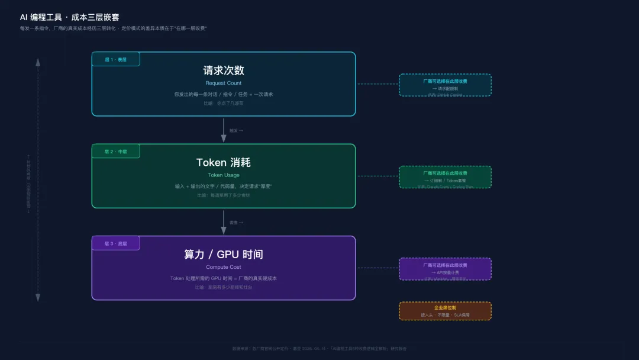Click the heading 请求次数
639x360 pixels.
coord(224,70)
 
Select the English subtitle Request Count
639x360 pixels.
coord(224,83)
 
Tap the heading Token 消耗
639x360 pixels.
coord(224,162)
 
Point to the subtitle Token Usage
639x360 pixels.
coord(224,175)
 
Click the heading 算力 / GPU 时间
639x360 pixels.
coord(224,255)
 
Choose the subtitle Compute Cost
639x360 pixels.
coord(224,267)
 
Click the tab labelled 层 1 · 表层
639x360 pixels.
coord(115,59)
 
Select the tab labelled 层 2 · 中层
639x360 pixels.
coord(115,152)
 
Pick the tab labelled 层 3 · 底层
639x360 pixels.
coord(115,243)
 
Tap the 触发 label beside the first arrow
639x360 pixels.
coord(236,130)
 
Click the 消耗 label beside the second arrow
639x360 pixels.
coord(236,223)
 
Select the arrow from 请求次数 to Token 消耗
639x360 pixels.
coord(224,130)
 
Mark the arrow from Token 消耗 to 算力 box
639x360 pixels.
coord(224,223)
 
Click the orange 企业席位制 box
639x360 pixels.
coord(445,311)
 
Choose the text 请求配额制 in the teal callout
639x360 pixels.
coord(445,88)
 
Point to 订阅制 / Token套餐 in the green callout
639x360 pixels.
coord(445,180)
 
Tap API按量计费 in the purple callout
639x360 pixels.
coord(445,272)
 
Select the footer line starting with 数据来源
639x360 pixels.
coord(319,349)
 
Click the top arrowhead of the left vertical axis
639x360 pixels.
coord(38,62)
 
